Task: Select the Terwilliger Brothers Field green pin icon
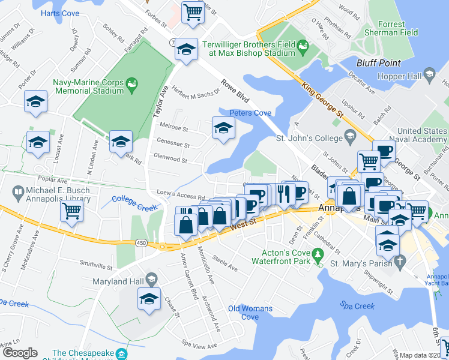pos(303,45)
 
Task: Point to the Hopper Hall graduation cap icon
pos(429,74)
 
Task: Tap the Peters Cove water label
pos(250,113)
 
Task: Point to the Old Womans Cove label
pos(250,313)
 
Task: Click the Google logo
pos(20,353)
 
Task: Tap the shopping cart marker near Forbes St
pos(193,12)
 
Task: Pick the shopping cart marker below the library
pos(72,211)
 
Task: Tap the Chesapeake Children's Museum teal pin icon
pos(122,354)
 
